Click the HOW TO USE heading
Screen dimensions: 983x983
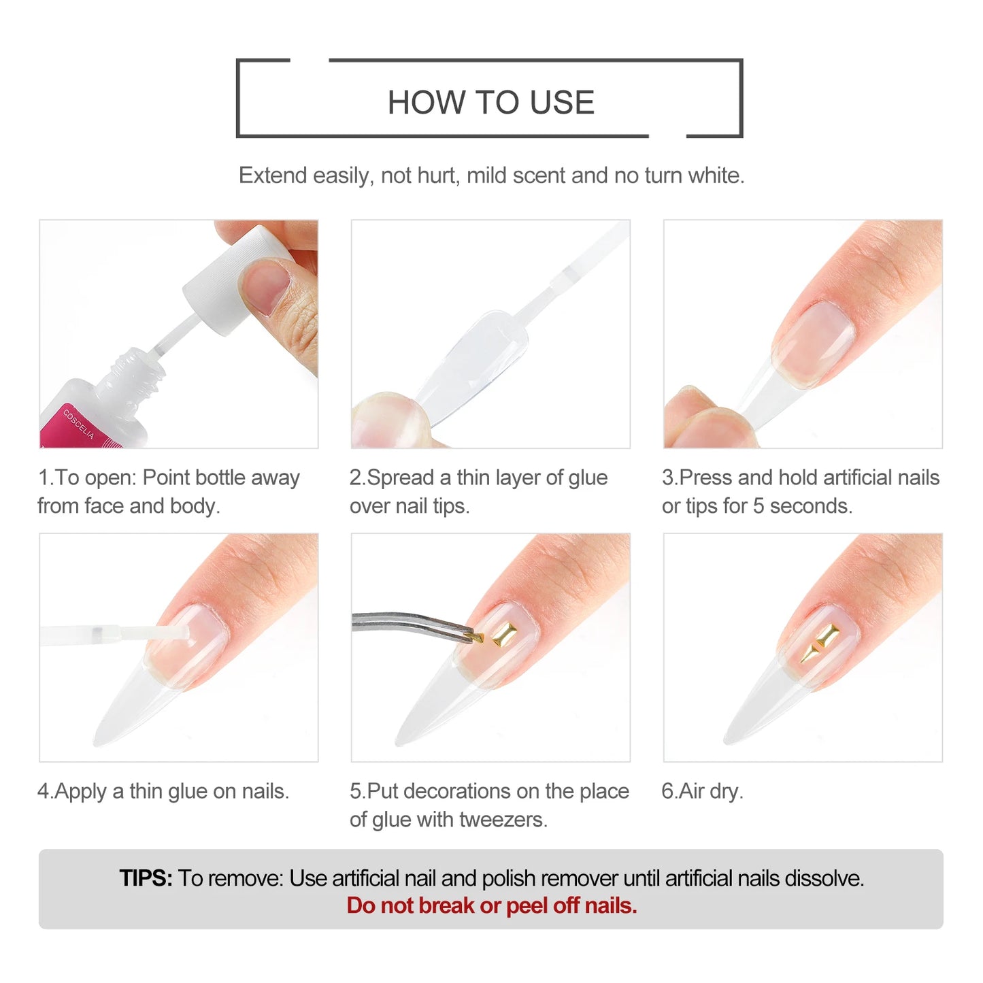point(490,103)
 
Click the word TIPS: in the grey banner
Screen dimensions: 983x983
point(146,878)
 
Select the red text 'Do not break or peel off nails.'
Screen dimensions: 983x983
point(491,906)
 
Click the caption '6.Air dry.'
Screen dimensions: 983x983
point(702,791)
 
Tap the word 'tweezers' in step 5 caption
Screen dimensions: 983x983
point(502,820)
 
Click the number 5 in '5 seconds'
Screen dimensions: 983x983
point(759,506)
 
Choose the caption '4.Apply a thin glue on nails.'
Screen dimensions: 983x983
point(163,791)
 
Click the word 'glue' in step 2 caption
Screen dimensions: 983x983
point(588,478)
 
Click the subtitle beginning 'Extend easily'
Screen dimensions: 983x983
point(491,176)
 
